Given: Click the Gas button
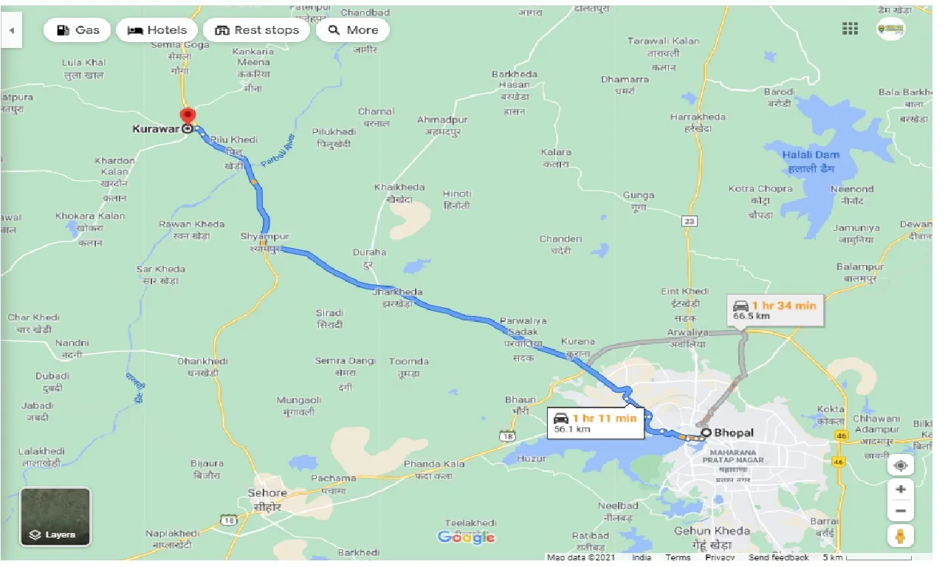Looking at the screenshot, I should [x=77, y=30].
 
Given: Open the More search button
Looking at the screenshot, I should [x=352, y=30].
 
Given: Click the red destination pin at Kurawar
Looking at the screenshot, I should [x=188, y=117].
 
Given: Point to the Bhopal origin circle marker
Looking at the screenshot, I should [x=706, y=433].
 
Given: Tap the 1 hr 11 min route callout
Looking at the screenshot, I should [x=595, y=422].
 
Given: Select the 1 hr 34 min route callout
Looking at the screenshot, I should [x=774, y=310].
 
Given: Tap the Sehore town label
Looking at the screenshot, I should [x=267, y=492].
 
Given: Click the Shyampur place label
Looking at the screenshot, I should [x=264, y=236].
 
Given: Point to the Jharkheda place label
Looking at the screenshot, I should [x=398, y=292].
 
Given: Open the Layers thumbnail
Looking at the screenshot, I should [x=55, y=517].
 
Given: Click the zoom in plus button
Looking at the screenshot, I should [x=900, y=489].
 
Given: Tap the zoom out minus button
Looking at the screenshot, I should [x=900, y=511].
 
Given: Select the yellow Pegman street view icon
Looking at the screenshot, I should [x=900, y=536].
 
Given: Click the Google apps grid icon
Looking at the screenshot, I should [x=850, y=29].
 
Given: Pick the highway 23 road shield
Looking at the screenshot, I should [x=690, y=221].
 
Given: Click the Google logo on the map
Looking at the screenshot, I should [x=466, y=537].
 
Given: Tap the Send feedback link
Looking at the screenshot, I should [x=779, y=557].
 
